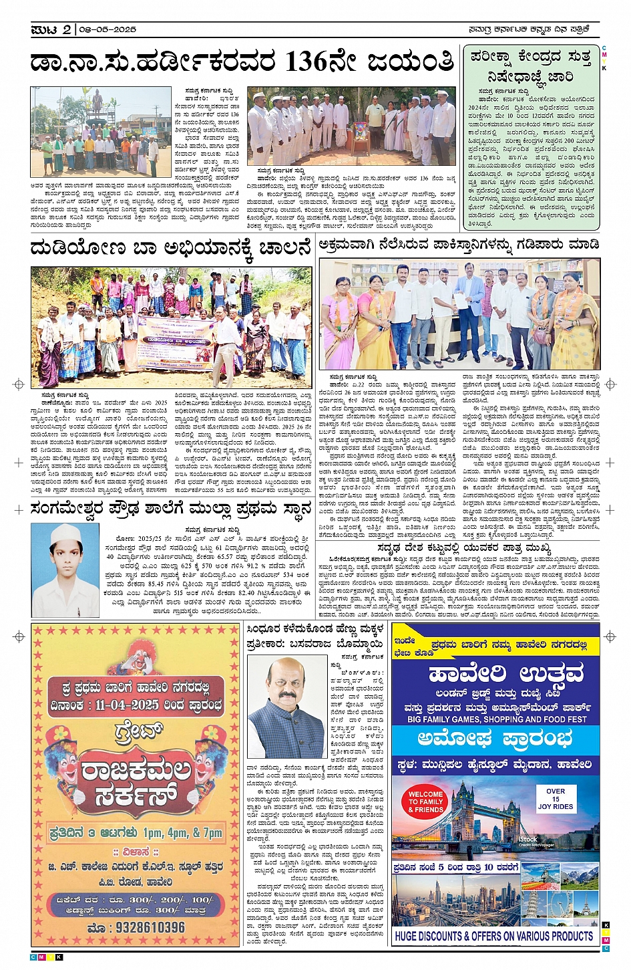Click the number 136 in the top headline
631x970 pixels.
tap(306, 62)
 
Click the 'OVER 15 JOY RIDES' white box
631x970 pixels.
tap(555, 799)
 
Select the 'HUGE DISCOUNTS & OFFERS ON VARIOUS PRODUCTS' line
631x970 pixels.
tap(493, 936)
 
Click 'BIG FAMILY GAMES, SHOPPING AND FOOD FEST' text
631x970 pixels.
tap(496, 719)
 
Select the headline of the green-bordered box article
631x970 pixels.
tap(531, 66)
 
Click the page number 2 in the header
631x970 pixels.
tap(67, 30)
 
